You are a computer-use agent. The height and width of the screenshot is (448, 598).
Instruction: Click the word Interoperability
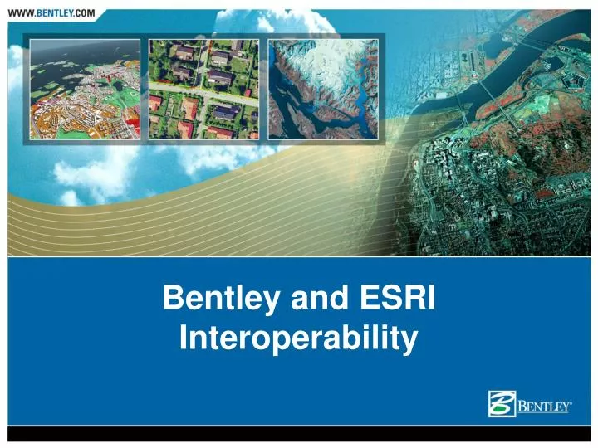pos(298,339)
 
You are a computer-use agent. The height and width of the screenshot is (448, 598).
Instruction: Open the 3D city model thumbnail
pos(84,89)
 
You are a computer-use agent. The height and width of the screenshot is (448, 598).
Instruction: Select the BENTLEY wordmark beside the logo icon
pos(544,407)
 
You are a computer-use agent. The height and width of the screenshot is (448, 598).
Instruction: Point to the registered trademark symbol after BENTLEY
pos(574,402)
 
